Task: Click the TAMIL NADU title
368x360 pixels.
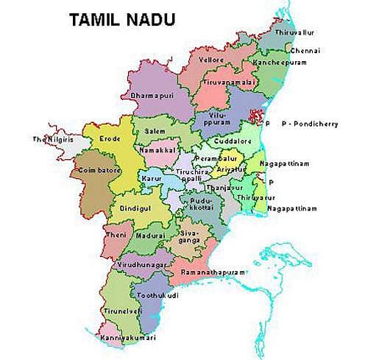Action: pyautogui.click(x=121, y=20)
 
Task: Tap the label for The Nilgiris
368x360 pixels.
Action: pyautogui.click(x=52, y=139)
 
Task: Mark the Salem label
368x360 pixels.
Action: pyautogui.click(x=155, y=130)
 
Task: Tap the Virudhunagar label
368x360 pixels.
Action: pyautogui.click(x=144, y=263)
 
